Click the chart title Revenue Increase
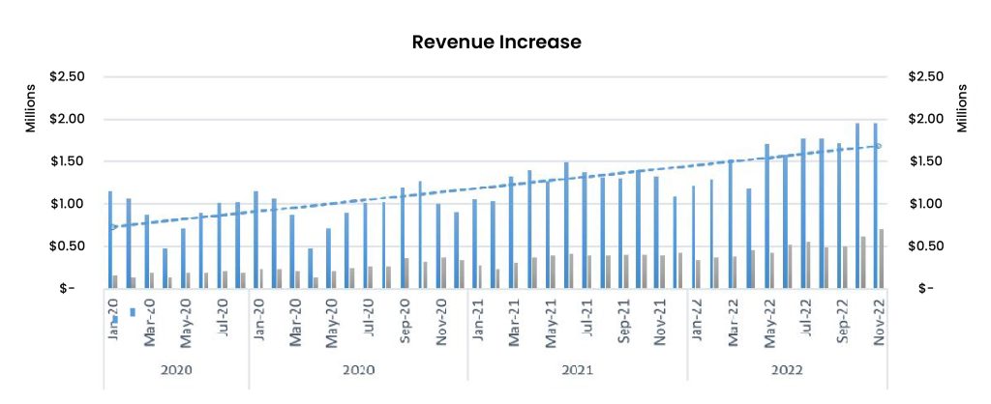(496, 42)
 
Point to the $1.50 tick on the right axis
(926, 161)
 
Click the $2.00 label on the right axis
(926, 120)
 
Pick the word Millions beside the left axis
(29, 108)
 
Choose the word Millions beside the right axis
(962, 108)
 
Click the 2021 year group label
(577, 370)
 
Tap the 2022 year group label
(788, 370)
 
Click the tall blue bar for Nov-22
(876, 205)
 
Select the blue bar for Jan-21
(474, 244)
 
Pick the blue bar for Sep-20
(402, 237)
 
